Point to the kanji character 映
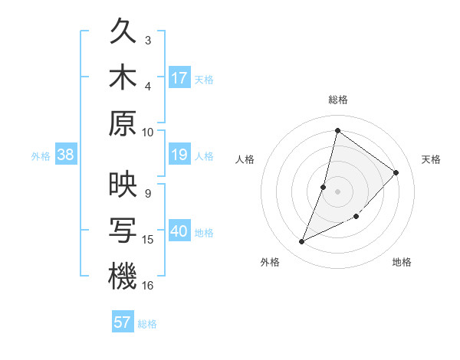coord(123,186)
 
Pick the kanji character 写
coord(123,231)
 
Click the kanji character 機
coord(123,277)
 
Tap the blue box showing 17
coord(179,78)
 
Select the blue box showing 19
coord(179,155)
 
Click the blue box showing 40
coord(179,232)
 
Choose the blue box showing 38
coord(65,155)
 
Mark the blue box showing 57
coord(123,322)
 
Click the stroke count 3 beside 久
coord(148,40)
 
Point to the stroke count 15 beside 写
coord(148,240)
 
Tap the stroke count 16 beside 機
coord(148,285)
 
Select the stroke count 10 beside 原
coord(148,131)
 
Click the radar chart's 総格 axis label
coord(337,100)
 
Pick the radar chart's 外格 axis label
coord(270,262)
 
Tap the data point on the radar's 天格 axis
coord(396,172)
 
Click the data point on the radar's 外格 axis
coord(301,242)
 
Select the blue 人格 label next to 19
coord(204,156)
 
